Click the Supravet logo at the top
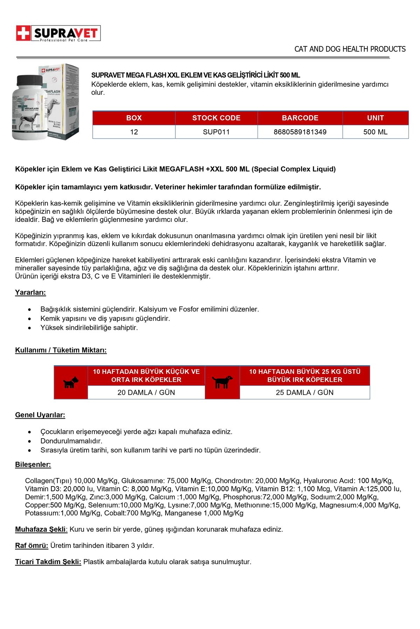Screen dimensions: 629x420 [x=58, y=34]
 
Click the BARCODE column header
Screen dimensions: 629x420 [x=300, y=118]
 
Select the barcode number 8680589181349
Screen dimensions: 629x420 [x=300, y=132]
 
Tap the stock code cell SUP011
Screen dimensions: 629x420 [x=216, y=132]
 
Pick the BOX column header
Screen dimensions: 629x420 [x=134, y=118]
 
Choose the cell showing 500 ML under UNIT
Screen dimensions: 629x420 [x=375, y=132]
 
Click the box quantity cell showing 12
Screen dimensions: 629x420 [x=134, y=132]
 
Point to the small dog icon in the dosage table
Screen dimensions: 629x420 [x=71, y=383]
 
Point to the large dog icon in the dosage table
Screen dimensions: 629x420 [x=223, y=382]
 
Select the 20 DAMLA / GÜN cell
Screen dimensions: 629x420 [x=146, y=392]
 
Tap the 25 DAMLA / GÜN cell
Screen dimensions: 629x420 [x=304, y=392]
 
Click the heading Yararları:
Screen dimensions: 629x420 [x=30, y=292]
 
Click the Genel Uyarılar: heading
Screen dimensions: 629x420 [x=40, y=415]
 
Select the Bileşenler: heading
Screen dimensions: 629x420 [x=33, y=464]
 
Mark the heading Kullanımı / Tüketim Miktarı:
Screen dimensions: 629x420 [x=61, y=350]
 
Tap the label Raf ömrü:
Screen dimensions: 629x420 [x=31, y=545]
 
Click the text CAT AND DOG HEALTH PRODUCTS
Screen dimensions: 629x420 [x=350, y=49]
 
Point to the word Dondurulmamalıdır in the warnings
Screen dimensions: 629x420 [x=71, y=441]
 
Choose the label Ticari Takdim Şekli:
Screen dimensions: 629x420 [x=48, y=562]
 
